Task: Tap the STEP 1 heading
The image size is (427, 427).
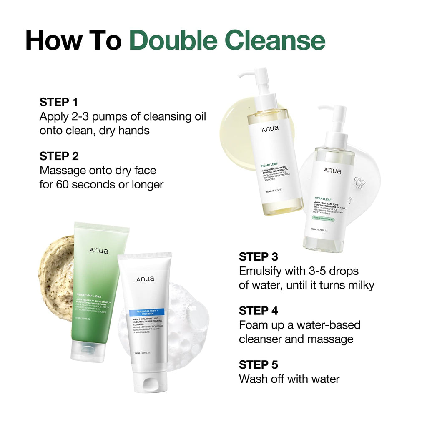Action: (59, 102)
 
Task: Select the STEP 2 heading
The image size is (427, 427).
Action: (59, 156)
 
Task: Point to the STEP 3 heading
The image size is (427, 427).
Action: (258, 256)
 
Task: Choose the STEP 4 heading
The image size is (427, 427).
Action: (258, 311)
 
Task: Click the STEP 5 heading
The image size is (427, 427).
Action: (258, 365)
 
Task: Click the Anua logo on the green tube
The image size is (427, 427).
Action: (99, 251)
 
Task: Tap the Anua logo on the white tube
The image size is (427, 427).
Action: (145, 279)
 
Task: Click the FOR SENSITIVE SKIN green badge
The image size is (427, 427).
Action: (324, 218)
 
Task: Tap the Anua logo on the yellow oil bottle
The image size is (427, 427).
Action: (270, 129)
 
